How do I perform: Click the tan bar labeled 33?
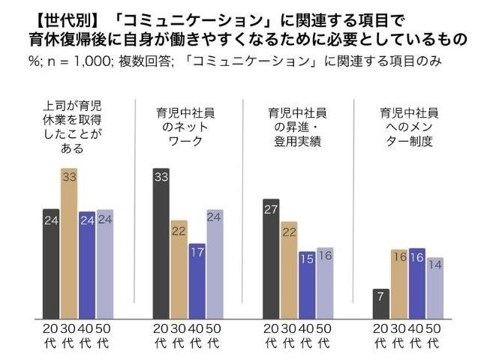68,244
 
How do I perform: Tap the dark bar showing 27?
272,259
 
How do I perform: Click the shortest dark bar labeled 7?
382,303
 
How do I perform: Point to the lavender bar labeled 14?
436,286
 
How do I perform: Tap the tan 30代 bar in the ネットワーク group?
179,268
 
